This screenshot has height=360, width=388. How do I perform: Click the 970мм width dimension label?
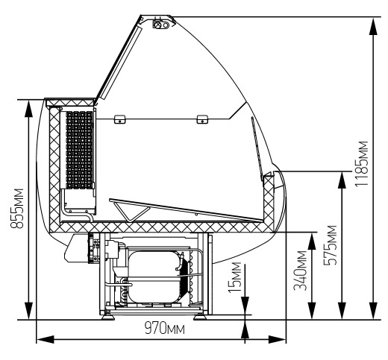pyautogui.click(x=165, y=329)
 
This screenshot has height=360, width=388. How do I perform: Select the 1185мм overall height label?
pyautogui.click(x=361, y=164)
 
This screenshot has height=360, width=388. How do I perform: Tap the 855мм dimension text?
pyautogui.click(x=17, y=208)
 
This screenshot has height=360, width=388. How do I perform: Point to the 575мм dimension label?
pyautogui.click(x=330, y=245)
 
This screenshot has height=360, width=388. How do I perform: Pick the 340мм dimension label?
pyautogui.click(x=300, y=271)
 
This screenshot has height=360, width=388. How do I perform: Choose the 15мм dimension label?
pyautogui.click(x=235, y=277)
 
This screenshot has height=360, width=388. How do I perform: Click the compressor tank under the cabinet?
pyautogui.click(x=155, y=277)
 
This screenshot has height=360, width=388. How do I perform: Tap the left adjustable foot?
pyautogui.click(x=107, y=317)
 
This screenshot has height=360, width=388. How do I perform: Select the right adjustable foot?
pyautogui.click(x=200, y=317)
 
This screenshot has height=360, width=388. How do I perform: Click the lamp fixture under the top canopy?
pyautogui.click(x=161, y=25)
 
